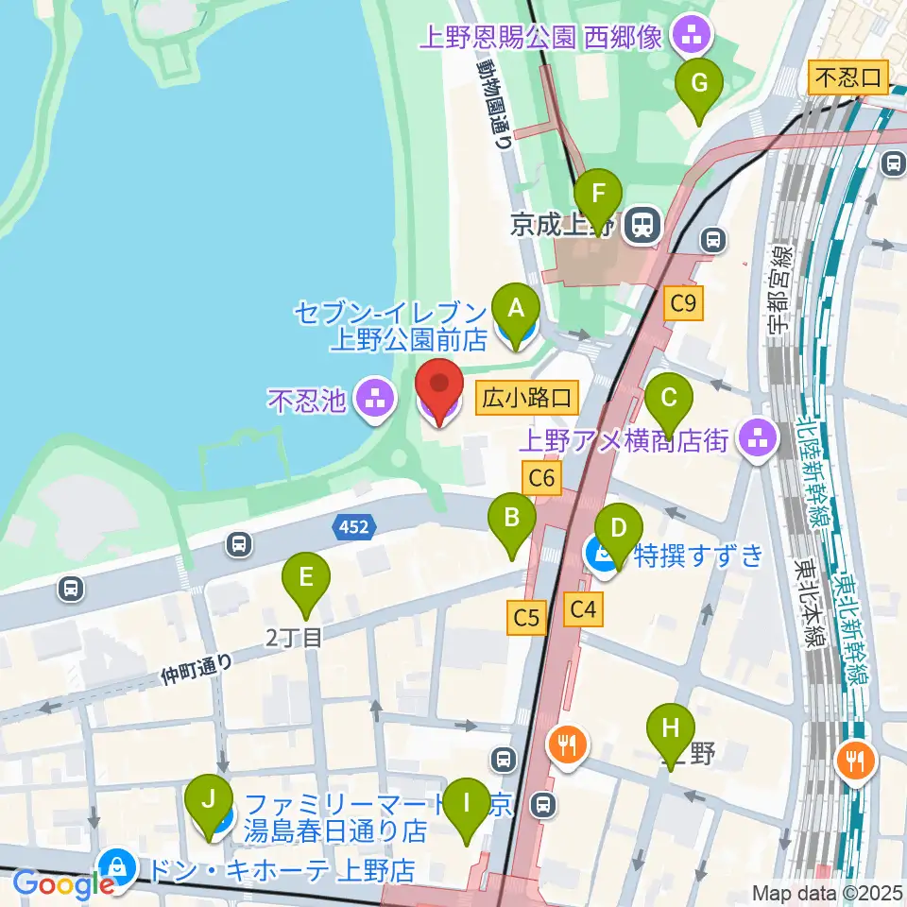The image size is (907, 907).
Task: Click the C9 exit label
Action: point(684,303)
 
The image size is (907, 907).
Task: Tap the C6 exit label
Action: point(542,479)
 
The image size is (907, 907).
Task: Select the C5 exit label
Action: point(526,619)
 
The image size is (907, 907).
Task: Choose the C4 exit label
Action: point(584,610)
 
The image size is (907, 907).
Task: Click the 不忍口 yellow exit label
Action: point(849,77)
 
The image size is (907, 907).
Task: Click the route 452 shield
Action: point(355,527)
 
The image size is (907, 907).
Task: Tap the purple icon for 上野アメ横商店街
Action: point(757,436)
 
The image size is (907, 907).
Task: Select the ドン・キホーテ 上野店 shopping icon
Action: point(117,864)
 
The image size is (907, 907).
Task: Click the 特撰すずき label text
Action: point(700,555)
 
